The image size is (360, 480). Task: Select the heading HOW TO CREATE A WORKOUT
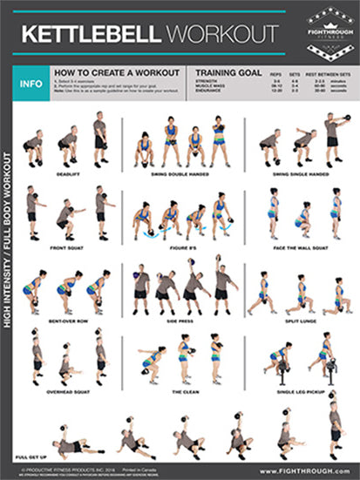point(117,72)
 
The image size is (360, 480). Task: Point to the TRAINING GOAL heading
point(229,72)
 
